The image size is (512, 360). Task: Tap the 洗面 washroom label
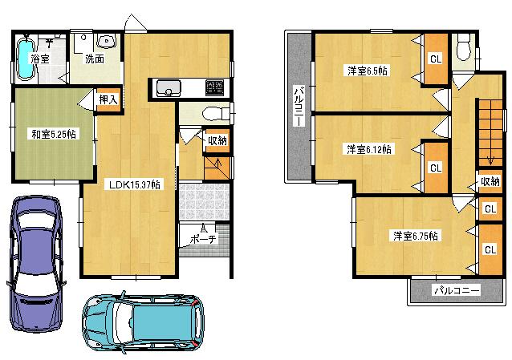coord(94,59)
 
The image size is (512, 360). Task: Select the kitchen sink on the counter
coord(170,87)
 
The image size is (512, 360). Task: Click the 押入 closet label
coord(108,99)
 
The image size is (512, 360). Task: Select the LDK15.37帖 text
coord(134,184)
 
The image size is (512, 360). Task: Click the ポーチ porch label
coord(203,239)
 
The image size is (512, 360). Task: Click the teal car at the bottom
coord(144,322)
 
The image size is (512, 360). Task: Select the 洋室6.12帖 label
coord(369,149)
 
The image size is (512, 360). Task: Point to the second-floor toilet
coord(462,50)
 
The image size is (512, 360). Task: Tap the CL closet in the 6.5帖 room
coord(435,59)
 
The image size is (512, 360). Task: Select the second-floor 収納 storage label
coord(490,181)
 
